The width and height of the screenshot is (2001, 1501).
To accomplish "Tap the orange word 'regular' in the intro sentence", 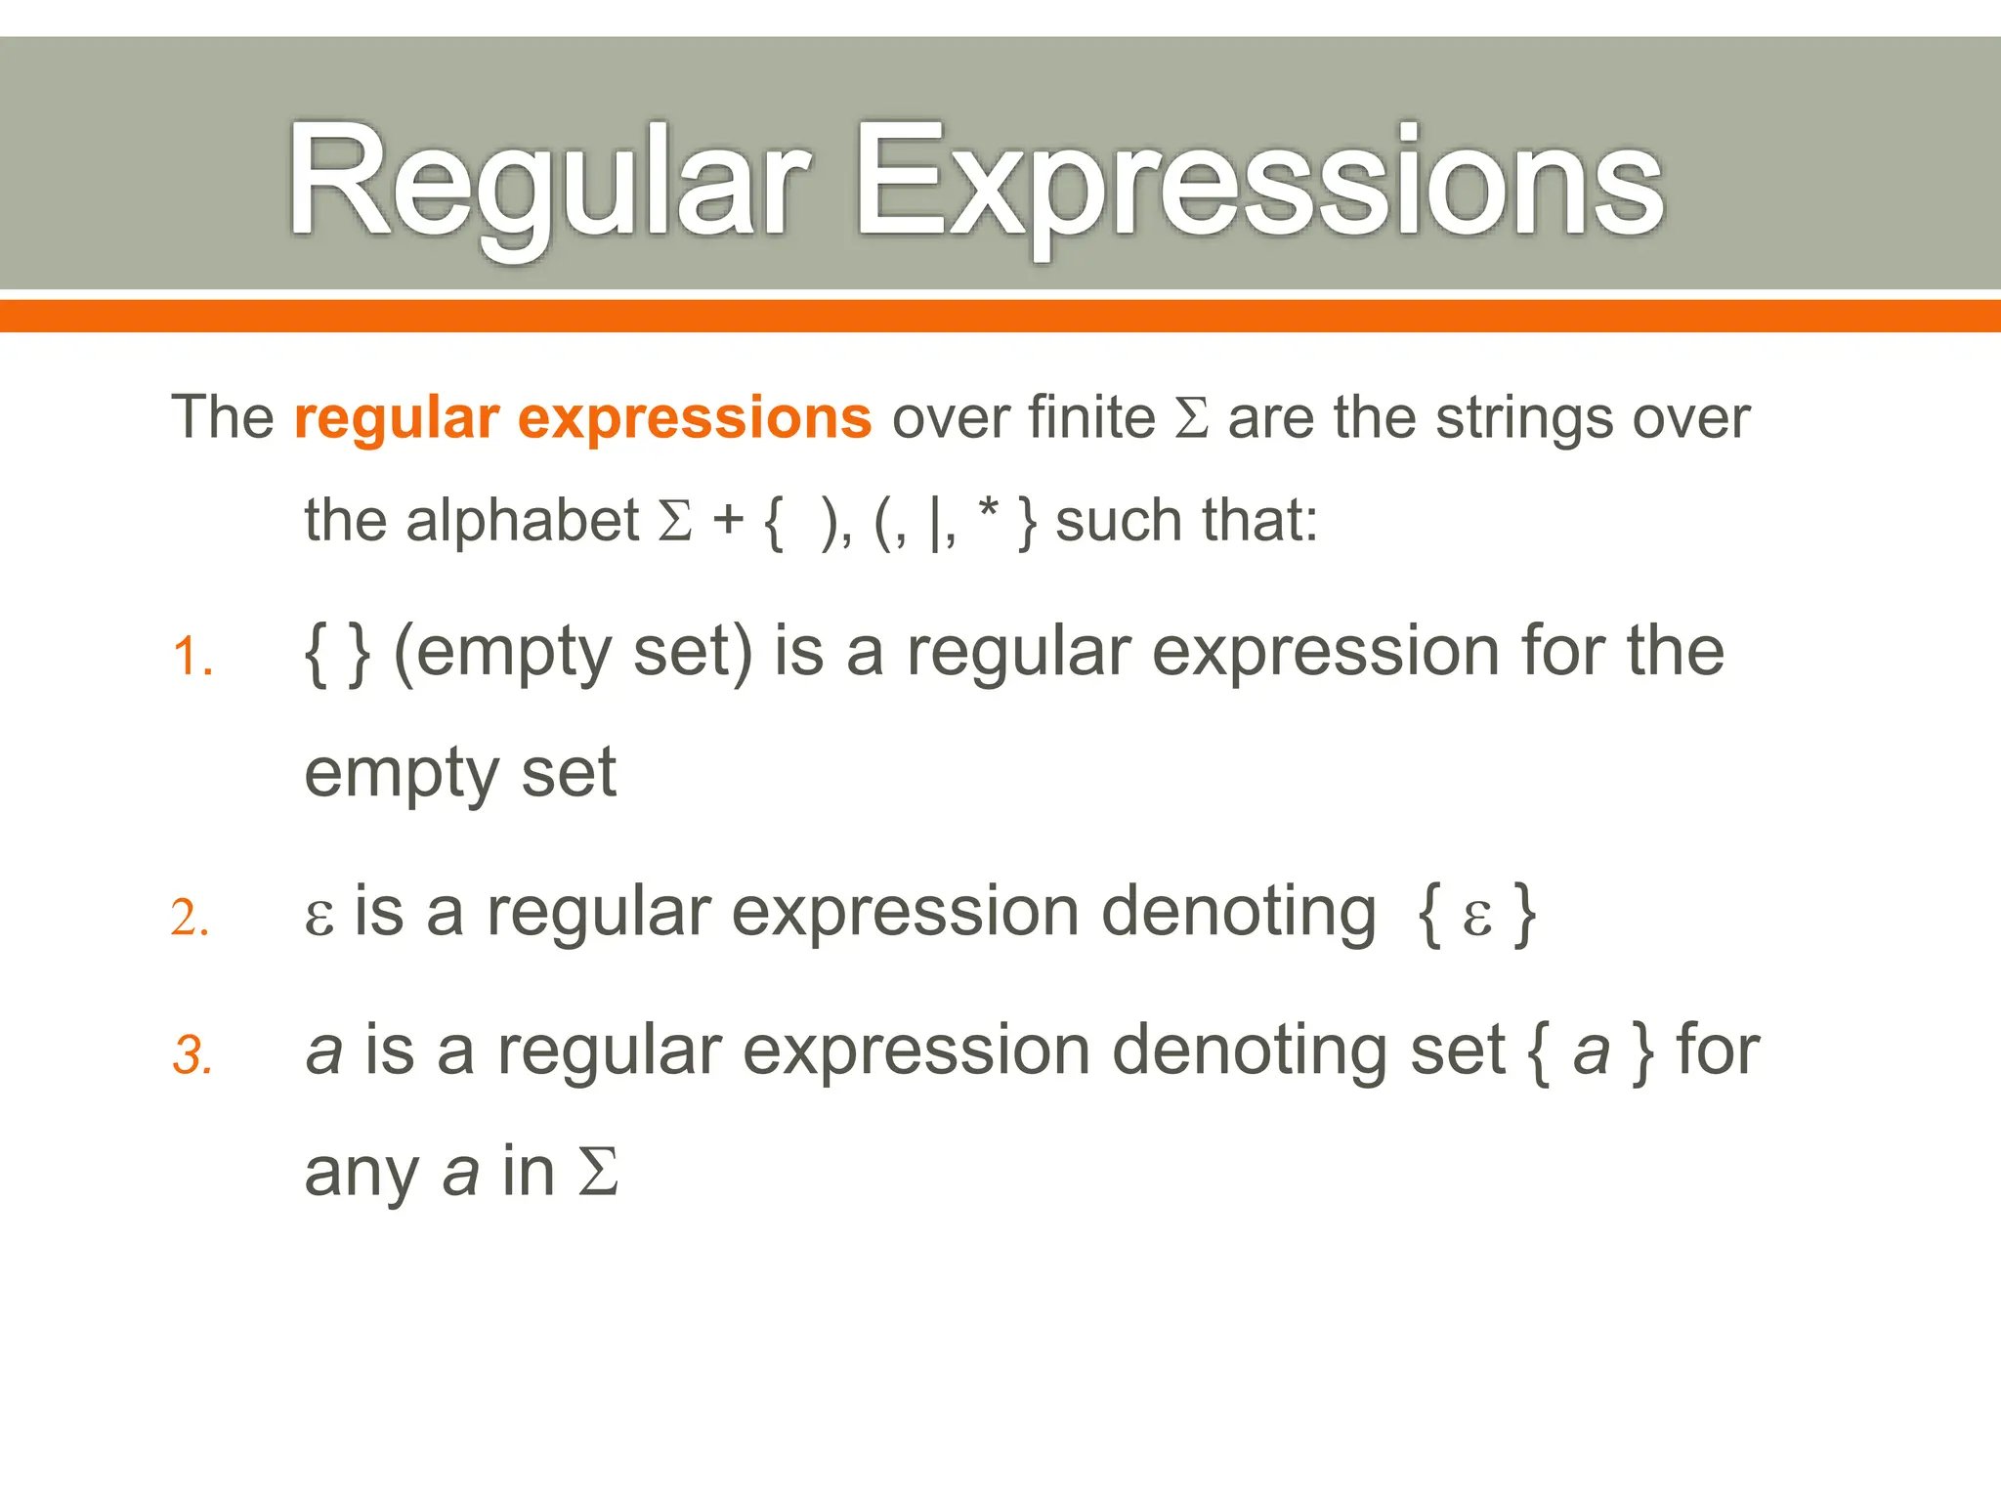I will pos(397,418).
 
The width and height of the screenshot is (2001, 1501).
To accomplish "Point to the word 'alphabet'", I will pos(522,520).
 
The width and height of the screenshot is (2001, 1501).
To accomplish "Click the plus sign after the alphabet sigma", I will pos(728,520).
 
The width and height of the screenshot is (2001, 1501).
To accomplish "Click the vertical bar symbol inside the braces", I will pos(935,522).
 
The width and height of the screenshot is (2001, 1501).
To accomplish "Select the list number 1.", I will pos(192,657).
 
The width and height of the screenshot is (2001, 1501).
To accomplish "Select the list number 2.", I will pos(190,919).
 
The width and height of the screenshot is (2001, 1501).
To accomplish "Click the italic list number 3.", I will pos(192,1056).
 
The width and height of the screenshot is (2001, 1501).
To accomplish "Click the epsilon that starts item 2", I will pos(319,917).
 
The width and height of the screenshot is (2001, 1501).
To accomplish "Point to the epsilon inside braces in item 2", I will pos(1476,917).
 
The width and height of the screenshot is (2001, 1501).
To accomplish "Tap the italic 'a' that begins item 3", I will pos(324,1052).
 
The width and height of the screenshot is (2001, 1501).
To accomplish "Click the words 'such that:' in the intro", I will pos(1186,520).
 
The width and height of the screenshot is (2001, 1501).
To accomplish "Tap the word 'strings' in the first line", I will pos(1524,418).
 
